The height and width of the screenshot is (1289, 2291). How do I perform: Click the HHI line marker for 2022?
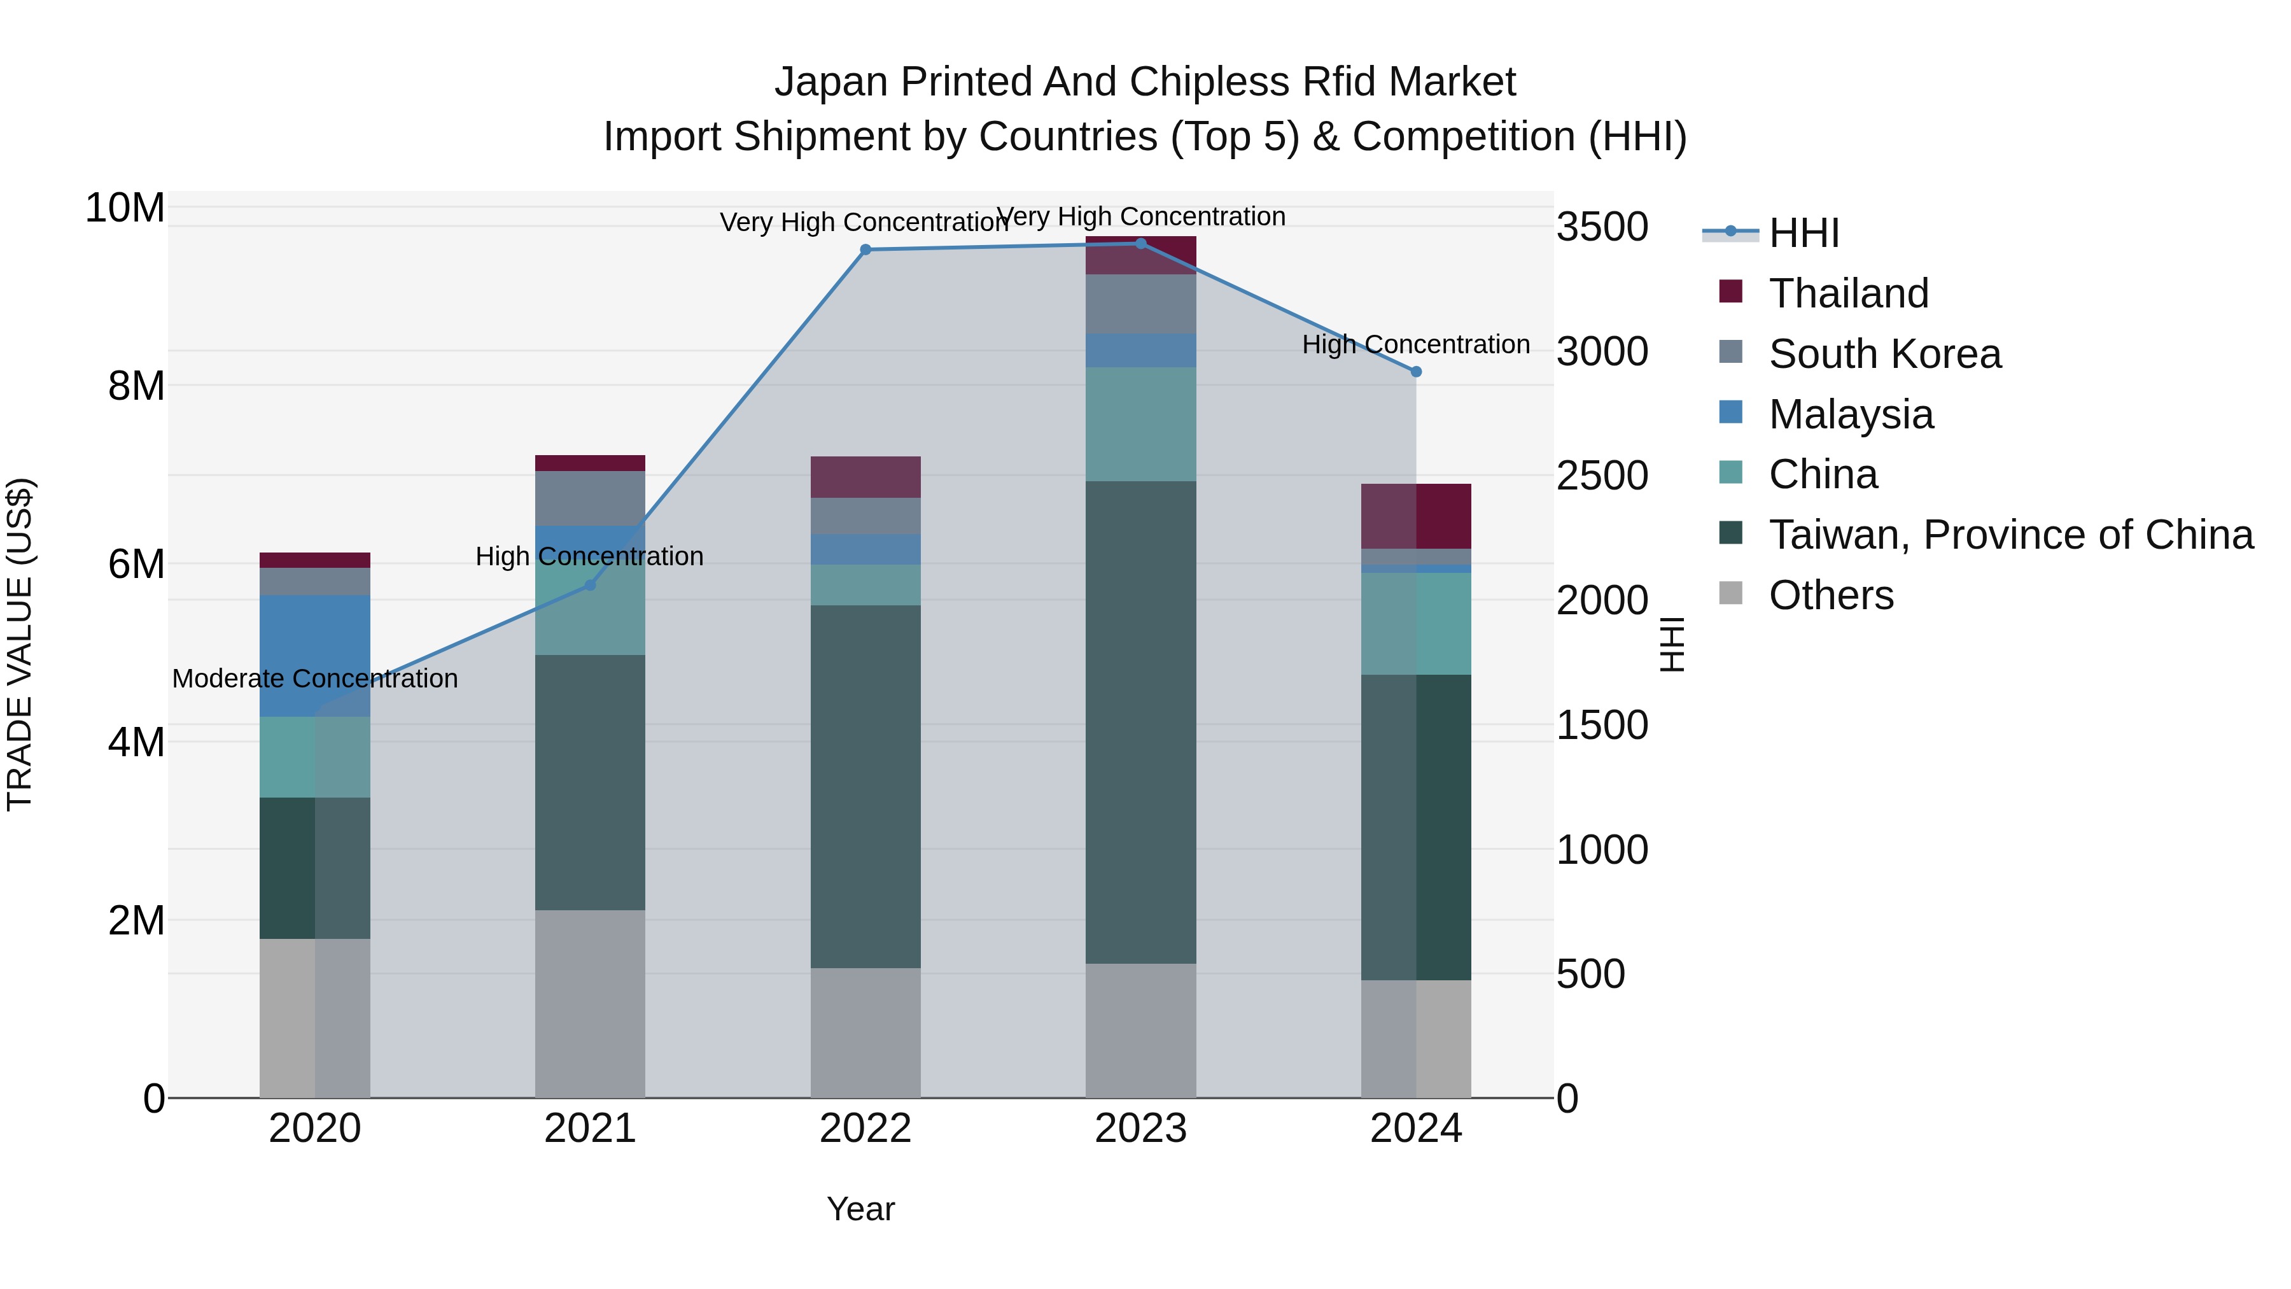click(865, 250)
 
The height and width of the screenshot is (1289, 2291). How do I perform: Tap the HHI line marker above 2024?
click(1416, 372)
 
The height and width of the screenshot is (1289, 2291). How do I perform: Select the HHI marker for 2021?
click(590, 586)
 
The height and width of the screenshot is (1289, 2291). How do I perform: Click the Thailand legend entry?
click(1848, 293)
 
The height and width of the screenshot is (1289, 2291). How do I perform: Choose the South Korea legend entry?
click(1884, 354)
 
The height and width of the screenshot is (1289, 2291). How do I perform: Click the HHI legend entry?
click(1804, 233)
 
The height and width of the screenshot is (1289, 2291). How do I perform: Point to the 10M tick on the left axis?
click(125, 208)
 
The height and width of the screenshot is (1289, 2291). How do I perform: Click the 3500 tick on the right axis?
click(1602, 227)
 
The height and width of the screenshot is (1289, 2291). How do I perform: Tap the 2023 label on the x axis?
click(1140, 1129)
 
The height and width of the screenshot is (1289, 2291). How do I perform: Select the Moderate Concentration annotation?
click(315, 679)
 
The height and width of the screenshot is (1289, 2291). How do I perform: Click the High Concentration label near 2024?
click(1416, 344)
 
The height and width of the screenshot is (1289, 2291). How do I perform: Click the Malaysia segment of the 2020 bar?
click(315, 656)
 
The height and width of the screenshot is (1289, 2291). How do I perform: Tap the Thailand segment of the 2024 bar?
click(1416, 516)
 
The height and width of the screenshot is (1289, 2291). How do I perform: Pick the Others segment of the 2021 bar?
click(590, 1003)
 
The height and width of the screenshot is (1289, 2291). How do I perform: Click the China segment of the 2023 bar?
click(1140, 425)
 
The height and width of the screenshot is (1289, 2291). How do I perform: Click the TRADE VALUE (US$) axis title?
click(20, 644)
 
